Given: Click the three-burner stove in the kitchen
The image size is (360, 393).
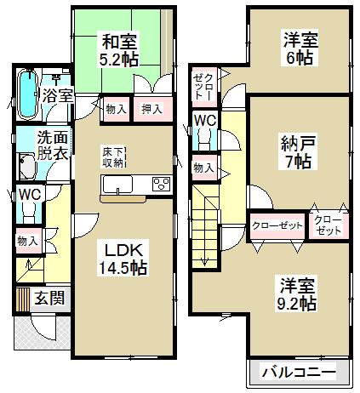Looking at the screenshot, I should [x=161, y=185].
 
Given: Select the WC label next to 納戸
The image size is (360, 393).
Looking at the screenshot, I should [x=204, y=122].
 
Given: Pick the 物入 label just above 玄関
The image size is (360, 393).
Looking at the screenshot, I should [x=27, y=241].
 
